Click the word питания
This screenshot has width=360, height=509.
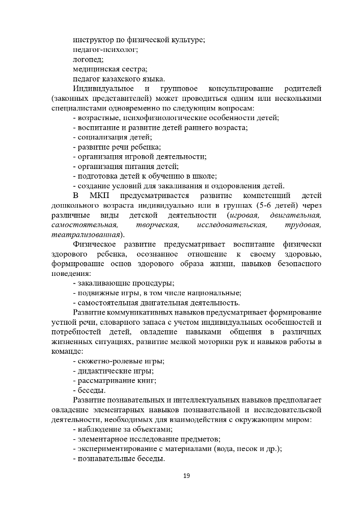(x=137, y=166)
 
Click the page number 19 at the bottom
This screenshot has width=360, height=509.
(x=186, y=476)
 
